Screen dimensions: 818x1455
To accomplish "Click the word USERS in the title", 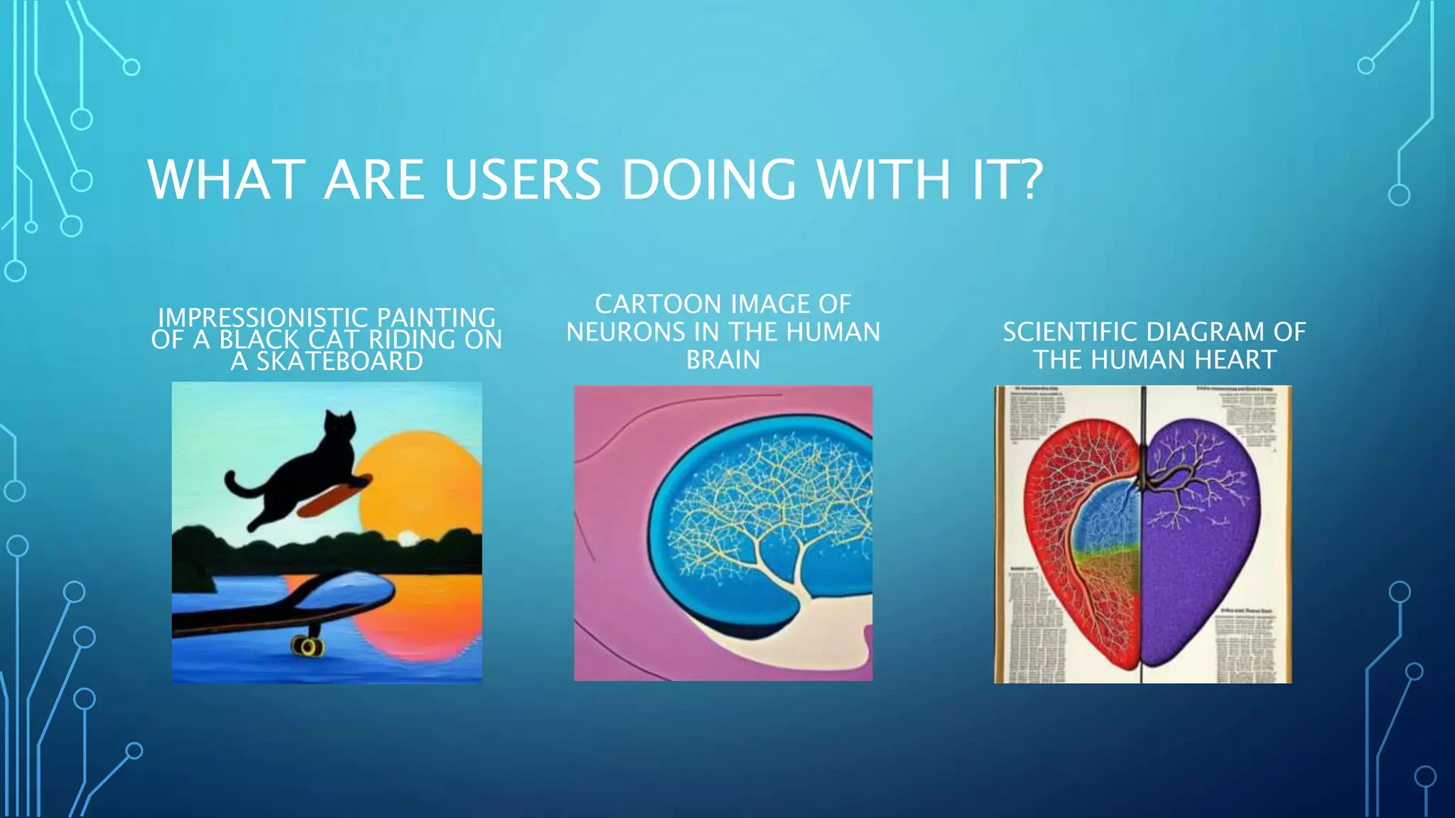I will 523,180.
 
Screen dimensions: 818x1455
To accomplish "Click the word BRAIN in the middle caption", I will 723,359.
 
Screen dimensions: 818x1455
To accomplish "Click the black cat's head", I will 339,429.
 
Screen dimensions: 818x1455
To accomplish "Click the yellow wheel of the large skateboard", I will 308,646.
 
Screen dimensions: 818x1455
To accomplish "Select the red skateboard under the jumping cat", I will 334,495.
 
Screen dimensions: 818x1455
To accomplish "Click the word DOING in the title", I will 708,180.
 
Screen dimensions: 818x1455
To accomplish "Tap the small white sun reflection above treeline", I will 407,538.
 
